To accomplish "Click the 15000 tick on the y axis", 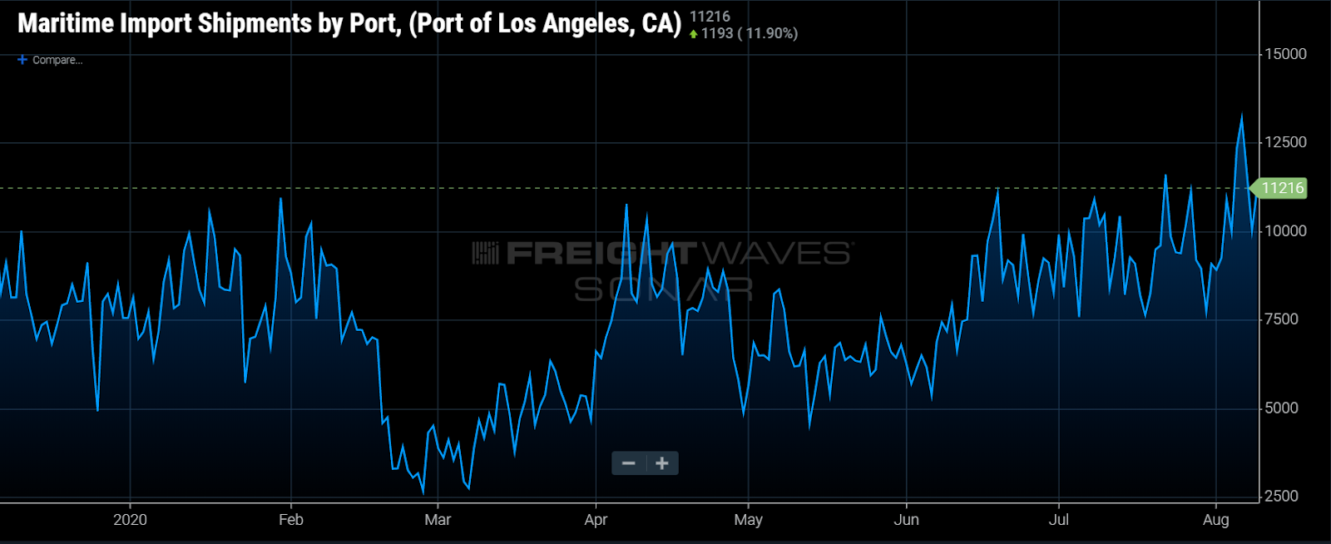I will coord(1285,54).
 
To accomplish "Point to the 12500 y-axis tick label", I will coord(1285,142).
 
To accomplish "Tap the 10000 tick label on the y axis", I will coord(1285,231).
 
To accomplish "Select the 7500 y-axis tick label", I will coord(1281,319).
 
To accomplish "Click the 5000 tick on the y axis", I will coord(1281,408).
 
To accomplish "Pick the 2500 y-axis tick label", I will coord(1281,497).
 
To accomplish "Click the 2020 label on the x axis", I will coord(130,520).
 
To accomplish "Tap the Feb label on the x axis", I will coord(291,520).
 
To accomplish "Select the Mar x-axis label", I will coord(438,520).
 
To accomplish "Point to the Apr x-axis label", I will coord(596,520).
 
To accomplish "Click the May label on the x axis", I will coord(748,520).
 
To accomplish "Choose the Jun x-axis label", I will coord(906,520).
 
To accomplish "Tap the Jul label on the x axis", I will coord(1059,520).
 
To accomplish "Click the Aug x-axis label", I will coord(1215,520).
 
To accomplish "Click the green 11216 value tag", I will coord(1281,188).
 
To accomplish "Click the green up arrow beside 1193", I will coord(694,34).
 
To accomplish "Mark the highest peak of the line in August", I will coord(1242,116).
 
